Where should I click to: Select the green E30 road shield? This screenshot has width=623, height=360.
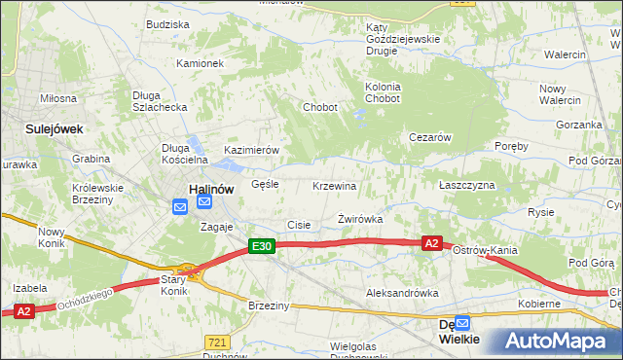(x=261, y=248)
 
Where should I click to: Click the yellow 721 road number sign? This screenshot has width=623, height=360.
(x=217, y=342)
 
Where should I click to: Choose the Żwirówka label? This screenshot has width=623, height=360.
(x=360, y=220)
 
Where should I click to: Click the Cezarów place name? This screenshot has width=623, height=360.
(x=429, y=137)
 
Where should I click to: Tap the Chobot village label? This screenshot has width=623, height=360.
(x=320, y=107)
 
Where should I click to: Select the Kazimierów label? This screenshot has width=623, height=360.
(x=252, y=150)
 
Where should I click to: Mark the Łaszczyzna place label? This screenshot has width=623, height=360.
(x=466, y=185)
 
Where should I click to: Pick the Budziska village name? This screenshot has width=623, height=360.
(x=166, y=23)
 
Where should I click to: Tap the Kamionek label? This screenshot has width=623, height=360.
(x=201, y=63)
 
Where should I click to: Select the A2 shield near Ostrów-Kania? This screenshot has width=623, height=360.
(x=433, y=243)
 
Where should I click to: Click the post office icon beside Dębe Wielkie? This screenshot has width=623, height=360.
(x=463, y=322)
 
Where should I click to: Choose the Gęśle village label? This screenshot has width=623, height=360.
(x=265, y=183)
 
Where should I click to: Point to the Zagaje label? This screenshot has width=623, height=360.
(x=218, y=227)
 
